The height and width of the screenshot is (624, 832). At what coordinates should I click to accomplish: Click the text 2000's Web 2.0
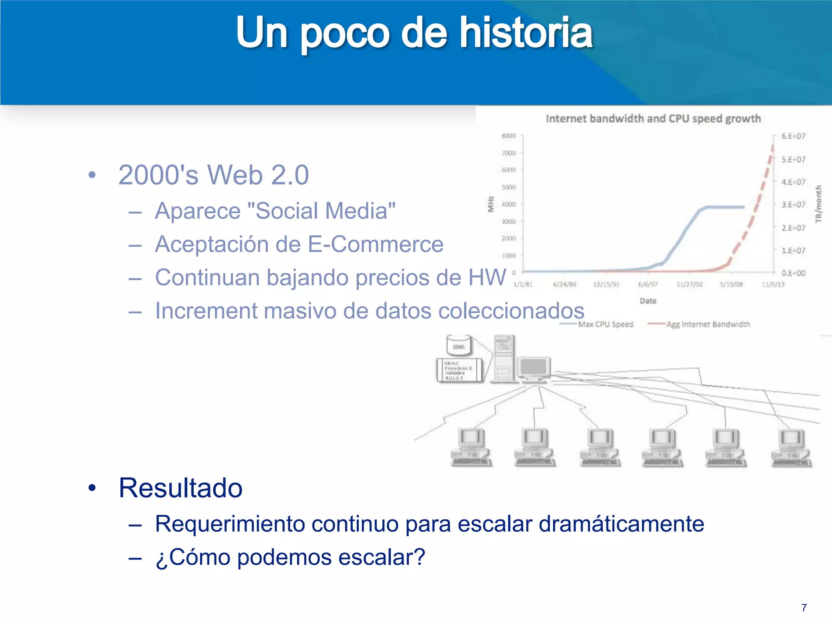click(x=214, y=175)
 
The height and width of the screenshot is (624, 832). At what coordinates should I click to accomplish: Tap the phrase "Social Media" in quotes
click(x=321, y=211)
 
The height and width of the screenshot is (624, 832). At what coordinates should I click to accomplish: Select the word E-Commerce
click(x=375, y=244)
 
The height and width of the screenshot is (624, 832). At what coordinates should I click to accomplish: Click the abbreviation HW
click(x=487, y=277)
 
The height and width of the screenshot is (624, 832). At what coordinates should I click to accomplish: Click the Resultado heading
click(x=180, y=487)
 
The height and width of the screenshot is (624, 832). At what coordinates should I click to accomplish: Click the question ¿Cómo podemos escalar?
click(x=290, y=557)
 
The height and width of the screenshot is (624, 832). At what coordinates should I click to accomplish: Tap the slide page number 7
click(x=804, y=608)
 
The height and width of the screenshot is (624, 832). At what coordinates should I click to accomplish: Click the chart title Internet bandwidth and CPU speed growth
click(x=653, y=119)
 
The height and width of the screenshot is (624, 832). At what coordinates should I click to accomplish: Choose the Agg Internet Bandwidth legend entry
click(x=707, y=324)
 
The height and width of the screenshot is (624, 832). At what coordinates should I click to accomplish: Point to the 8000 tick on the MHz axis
click(x=508, y=136)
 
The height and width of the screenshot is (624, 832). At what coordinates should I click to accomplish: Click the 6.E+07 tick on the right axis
click(x=793, y=136)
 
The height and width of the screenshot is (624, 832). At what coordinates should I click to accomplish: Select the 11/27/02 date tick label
click(x=689, y=284)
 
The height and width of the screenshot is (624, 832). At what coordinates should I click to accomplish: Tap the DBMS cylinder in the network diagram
click(x=459, y=345)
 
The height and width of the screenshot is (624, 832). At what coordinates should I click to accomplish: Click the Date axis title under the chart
click(x=648, y=301)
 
